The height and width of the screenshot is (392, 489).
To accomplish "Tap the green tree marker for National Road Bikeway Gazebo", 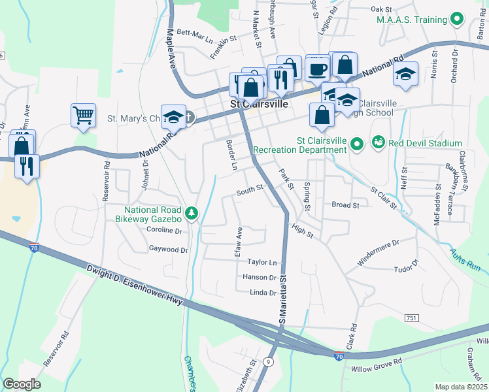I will click(x=191, y=213).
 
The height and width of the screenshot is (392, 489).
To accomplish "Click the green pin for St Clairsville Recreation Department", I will click(x=356, y=142).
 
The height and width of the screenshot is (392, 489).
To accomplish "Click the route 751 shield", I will click(x=411, y=318).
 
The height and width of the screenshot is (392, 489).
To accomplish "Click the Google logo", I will click(x=22, y=384).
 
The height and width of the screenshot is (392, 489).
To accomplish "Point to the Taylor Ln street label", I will click(x=262, y=262).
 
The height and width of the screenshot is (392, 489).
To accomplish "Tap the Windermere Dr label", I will click(x=377, y=252).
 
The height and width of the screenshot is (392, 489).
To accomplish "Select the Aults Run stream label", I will click(x=465, y=260).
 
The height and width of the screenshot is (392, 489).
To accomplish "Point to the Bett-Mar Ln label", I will click(x=195, y=35).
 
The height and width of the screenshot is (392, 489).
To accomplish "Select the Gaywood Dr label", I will click(x=168, y=249).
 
